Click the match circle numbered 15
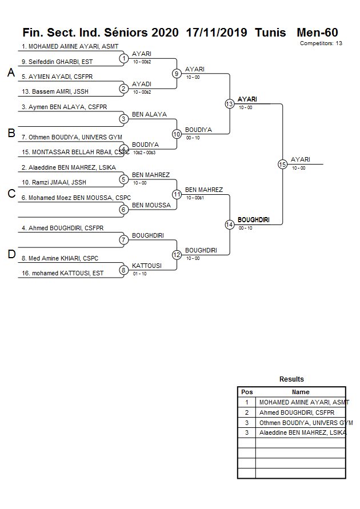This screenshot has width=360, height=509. click(282, 165)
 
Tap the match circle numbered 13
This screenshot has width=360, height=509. click(229, 104)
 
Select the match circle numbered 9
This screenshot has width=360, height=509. click(177, 74)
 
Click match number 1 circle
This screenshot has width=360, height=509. click(123, 58)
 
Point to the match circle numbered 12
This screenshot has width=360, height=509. click(177, 255)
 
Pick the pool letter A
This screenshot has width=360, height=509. click(10, 73)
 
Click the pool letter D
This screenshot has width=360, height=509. click(11, 255)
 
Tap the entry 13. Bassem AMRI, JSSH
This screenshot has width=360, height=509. click(55, 92)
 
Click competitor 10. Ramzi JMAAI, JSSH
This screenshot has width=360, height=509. click(54, 183)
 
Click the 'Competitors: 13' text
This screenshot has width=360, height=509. click(321, 43)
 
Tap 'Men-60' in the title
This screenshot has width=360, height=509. click(317, 33)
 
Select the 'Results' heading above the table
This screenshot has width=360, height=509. click(291, 379)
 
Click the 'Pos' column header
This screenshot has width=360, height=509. click(247, 392)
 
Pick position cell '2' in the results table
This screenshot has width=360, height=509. click(247, 412)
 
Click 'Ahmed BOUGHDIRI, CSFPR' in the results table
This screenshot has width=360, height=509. click(297, 412)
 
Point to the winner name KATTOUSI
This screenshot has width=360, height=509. click(147, 266)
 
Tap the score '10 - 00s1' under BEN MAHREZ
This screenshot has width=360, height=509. click(195, 198)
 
